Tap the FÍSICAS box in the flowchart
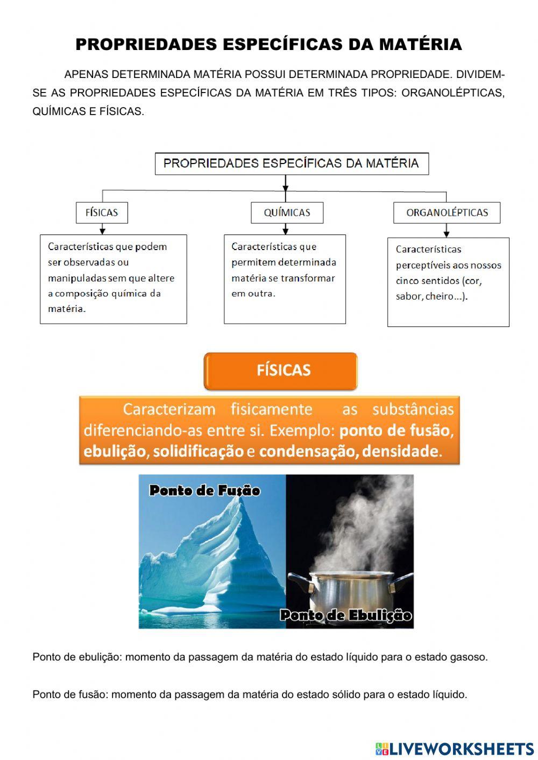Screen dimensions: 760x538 [102, 212]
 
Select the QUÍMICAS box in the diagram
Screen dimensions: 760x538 [287, 212]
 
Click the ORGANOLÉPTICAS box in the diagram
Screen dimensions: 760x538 [447, 212]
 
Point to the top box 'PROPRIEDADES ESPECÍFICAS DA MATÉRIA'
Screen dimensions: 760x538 [291, 164]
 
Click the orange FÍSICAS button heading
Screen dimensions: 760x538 [281, 371]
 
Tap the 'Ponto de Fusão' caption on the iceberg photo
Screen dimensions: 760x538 [204, 491]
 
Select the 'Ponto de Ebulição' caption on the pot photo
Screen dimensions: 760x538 [346, 615]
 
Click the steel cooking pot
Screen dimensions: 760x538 [350, 592]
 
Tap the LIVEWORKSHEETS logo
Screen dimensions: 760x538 [455, 748]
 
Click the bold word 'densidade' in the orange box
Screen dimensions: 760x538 [399, 451]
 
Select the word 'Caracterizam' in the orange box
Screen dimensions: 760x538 [169, 409]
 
